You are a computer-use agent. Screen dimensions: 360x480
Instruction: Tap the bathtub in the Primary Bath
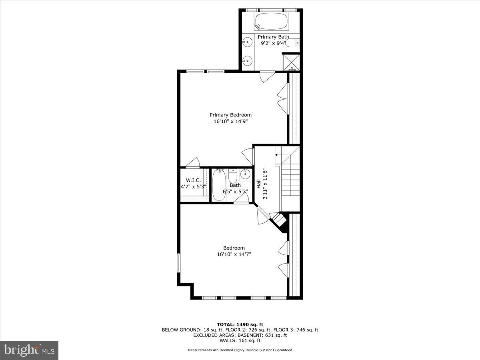tap(272, 22)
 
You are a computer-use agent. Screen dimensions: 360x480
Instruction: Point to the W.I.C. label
tap(193, 180)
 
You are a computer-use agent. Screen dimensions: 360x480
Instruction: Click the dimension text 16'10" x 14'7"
tap(234, 254)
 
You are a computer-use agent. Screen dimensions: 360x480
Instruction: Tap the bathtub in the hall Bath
tap(219, 185)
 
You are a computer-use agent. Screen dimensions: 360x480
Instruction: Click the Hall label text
tap(259, 184)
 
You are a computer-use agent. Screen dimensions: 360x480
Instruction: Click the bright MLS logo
tap(29, 350)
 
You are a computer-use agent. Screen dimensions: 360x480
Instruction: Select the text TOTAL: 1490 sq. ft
tap(240, 324)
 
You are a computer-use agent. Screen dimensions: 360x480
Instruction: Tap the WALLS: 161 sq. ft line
tap(240, 340)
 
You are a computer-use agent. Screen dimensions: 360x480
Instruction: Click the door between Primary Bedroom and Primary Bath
tap(267, 76)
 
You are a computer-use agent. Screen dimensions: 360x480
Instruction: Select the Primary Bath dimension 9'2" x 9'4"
tap(273, 43)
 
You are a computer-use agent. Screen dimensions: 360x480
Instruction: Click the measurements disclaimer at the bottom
tap(240, 350)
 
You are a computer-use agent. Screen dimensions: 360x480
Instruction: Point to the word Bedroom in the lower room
tap(234, 248)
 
